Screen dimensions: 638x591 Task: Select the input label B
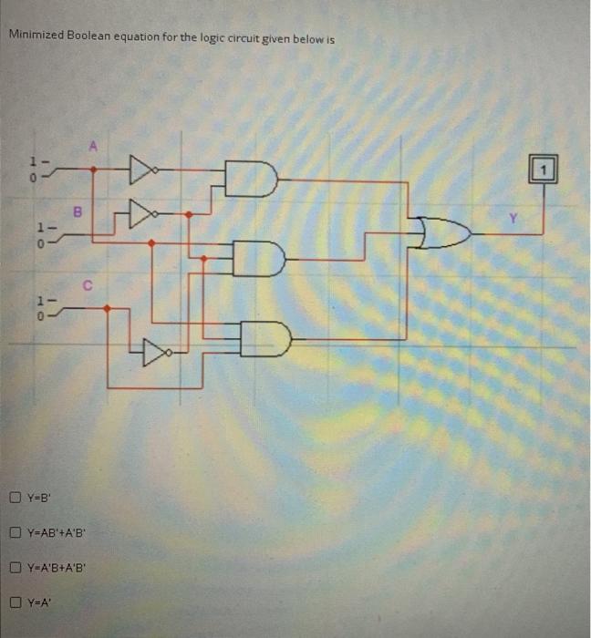coord(78,211)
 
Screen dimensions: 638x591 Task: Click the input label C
coord(88,284)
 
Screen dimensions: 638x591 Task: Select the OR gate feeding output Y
coord(446,232)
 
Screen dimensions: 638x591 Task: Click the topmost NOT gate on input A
coord(141,169)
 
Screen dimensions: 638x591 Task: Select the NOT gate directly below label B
coord(141,214)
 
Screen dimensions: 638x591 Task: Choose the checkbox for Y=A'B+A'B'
coord(16,567)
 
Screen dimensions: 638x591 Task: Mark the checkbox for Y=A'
coord(16,602)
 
